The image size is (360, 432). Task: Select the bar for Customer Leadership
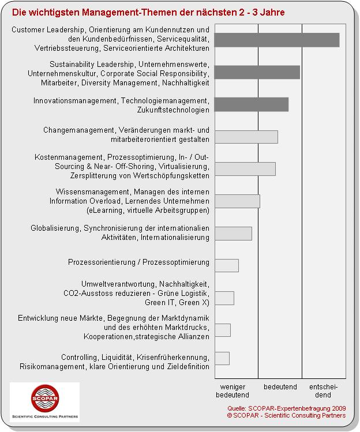click(x=276, y=40)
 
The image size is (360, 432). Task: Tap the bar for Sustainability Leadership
click(x=257, y=72)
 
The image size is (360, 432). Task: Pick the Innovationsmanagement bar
click(x=251, y=104)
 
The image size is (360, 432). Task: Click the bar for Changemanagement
click(x=246, y=137)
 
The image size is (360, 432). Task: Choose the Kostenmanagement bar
click(x=245, y=168)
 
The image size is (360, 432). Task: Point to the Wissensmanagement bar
click(x=237, y=201)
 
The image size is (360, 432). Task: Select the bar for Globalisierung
click(x=233, y=233)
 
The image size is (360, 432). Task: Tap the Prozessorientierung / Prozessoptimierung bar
click(x=226, y=265)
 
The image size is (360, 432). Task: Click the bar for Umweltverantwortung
click(x=224, y=298)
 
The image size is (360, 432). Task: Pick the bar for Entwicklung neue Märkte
click(x=222, y=330)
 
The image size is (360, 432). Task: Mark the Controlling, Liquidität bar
click(x=222, y=358)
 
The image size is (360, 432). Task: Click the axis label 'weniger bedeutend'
click(x=232, y=390)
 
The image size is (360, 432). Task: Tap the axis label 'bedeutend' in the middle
click(x=280, y=386)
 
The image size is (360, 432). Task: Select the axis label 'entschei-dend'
click(x=323, y=390)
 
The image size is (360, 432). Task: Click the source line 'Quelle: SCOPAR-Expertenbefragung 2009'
click(x=286, y=408)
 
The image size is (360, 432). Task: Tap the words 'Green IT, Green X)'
click(x=177, y=302)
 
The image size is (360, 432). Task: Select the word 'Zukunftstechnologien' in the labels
click(x=173, y=110)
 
